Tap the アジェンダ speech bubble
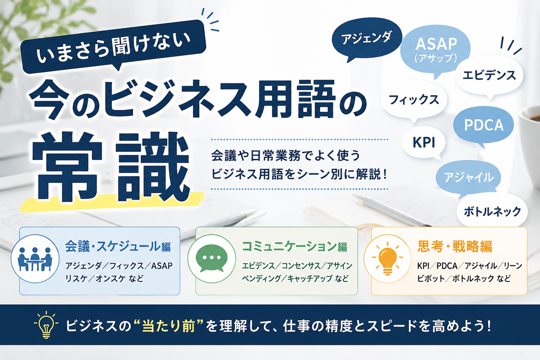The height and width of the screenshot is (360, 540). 366,39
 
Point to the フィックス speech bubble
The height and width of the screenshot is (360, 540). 414,100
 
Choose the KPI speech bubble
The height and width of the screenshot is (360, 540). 424,142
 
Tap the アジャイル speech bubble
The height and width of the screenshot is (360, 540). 468,178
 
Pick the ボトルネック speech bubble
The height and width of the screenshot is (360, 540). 492,211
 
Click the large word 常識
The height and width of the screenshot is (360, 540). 110,166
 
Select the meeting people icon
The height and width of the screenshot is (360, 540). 35,259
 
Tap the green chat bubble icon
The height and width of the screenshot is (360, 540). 212,258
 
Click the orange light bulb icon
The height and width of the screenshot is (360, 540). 388,258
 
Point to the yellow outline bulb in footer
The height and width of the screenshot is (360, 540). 46,324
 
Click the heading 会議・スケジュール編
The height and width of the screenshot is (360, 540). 118,246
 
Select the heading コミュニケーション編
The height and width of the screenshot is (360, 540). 295,246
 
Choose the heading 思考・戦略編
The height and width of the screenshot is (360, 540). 455,246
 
